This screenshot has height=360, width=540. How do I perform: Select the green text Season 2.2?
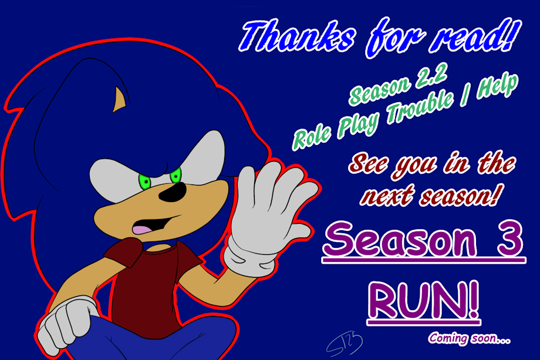(x=399, y=84)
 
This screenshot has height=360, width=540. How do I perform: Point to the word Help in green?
(x=497, y=86)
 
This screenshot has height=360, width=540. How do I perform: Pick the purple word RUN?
(x=424, y=300)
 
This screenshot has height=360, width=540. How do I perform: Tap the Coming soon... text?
(x=469, y=338)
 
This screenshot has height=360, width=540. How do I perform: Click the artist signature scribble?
(x=345, y=345)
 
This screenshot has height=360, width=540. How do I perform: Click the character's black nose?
(x=173, y=193)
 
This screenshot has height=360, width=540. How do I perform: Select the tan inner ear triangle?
(x=119, y=100)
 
